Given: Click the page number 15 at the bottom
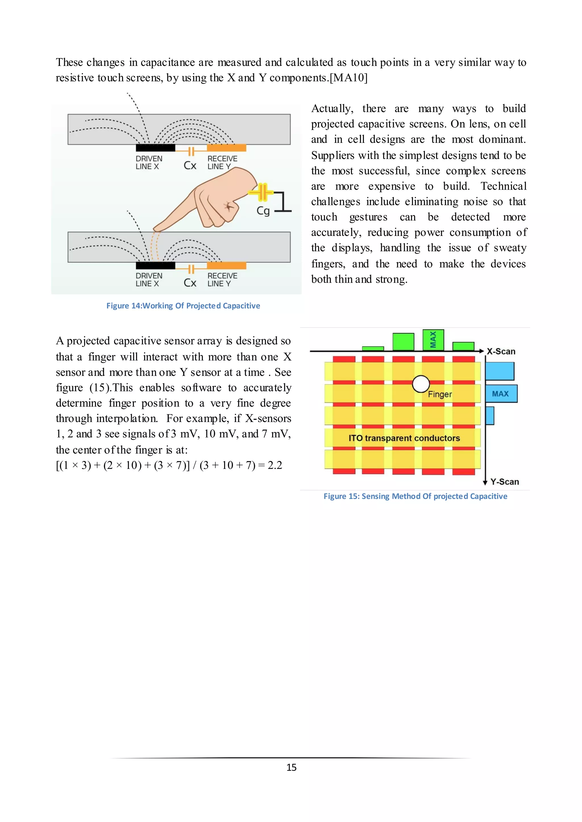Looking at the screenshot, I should coord(291,767).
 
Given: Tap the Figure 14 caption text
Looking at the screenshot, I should coord(183,306).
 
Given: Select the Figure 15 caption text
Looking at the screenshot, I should coord(415,496).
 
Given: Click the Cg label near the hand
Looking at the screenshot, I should coord(263,211).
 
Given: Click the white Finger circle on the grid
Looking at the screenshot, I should coord(421,384).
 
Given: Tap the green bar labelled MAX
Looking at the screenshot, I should coord(433,339).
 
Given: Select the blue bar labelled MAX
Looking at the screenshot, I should coord(501,393).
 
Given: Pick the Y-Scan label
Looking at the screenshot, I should coord(504,481).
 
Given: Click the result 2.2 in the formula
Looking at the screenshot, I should coord(275,465).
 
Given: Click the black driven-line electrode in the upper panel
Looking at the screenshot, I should coord(155,148).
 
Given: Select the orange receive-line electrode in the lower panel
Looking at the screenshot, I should coord(226,266).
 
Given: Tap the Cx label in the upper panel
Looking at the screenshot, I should coord(190,165).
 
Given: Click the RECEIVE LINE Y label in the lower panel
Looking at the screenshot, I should coord(222,280).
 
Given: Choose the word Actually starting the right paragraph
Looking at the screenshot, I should coord(332,108).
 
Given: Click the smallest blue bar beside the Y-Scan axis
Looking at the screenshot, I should coord(490,416).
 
